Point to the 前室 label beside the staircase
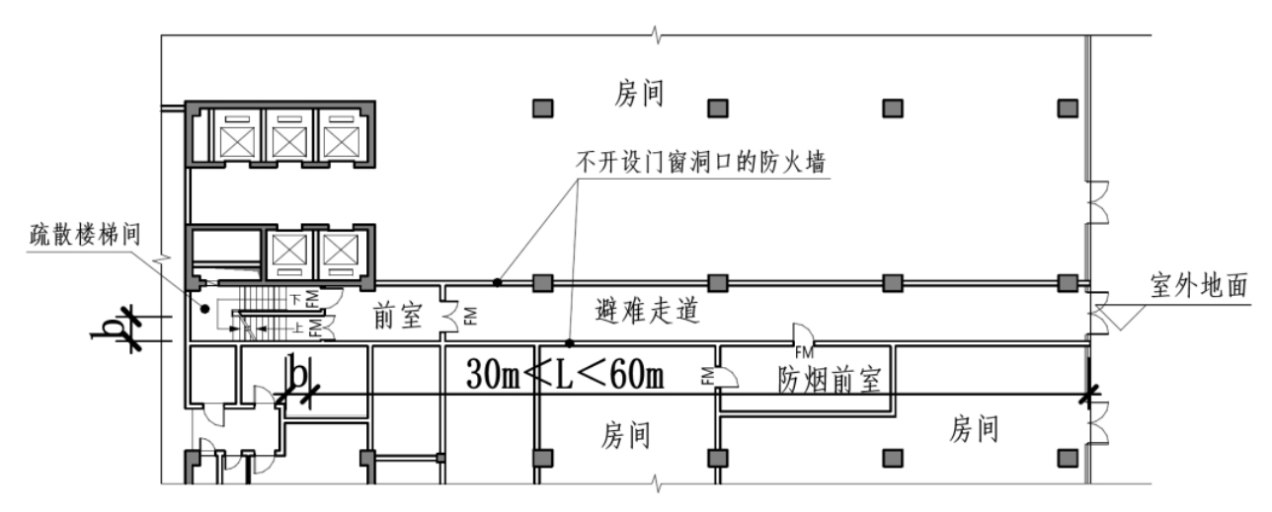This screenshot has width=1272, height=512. click(398, 317)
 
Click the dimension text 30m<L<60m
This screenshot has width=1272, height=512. click(564, 375)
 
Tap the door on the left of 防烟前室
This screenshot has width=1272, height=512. click(724, 376)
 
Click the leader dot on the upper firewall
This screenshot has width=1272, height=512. click(498, 283)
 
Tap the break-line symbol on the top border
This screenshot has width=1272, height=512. click(656, 37)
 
